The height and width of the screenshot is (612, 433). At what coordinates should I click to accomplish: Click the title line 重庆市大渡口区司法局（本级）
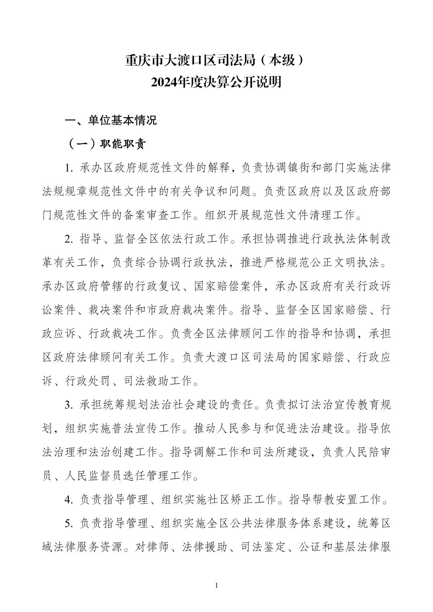[216, 61]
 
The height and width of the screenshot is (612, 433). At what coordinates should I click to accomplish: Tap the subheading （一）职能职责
[106, 144]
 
